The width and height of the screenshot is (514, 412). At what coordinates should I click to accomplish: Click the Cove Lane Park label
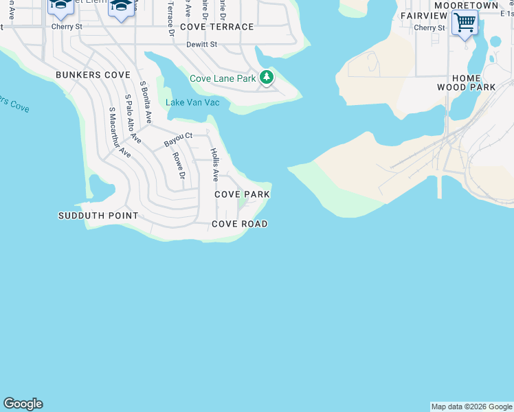223,79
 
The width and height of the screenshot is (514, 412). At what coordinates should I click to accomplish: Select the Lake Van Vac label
192,103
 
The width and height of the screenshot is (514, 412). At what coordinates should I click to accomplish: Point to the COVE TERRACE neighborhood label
217,27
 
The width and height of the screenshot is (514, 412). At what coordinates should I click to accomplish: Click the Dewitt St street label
201,45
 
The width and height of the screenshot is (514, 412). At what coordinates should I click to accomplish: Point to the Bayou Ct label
177,139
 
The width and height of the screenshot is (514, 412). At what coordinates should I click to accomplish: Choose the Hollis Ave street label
214,165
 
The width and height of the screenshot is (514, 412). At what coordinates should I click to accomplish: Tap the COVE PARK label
242,194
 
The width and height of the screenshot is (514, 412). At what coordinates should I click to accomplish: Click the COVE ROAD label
239,225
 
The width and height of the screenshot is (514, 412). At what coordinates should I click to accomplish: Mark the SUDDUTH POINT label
98,216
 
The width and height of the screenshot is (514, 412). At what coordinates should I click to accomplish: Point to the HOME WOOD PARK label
467,83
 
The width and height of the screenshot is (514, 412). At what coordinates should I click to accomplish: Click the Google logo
23,404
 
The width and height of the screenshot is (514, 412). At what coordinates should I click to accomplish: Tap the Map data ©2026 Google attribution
471,407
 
